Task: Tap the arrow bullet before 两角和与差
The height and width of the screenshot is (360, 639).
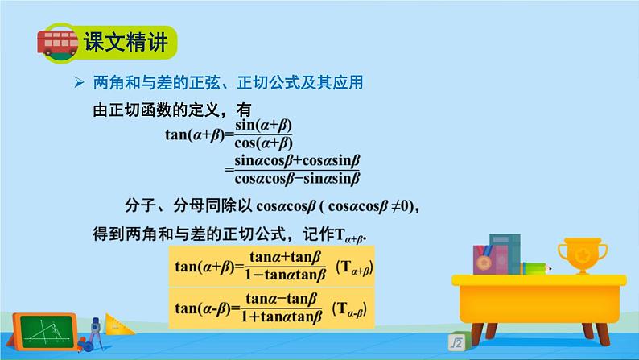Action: click(x=79, y=83)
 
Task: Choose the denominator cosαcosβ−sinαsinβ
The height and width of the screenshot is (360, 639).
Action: click(x=296, y=178)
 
